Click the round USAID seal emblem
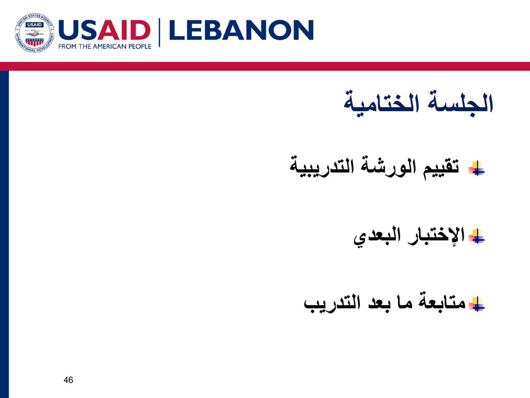tap(34, 33)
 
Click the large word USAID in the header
tap(105, 30)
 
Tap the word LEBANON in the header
tap(241, 30)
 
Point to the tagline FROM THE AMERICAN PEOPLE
tap(105, 46)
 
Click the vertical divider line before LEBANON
tap(159, 33)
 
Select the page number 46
tap(68, 380)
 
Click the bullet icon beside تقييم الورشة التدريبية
tap(477, 168)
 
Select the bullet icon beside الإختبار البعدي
tap(477, 236)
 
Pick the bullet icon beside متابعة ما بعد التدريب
tap(477, 304)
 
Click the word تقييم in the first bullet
tap(441, 166)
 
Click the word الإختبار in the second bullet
tap(436, 235)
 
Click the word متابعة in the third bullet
tap(442, 301)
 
